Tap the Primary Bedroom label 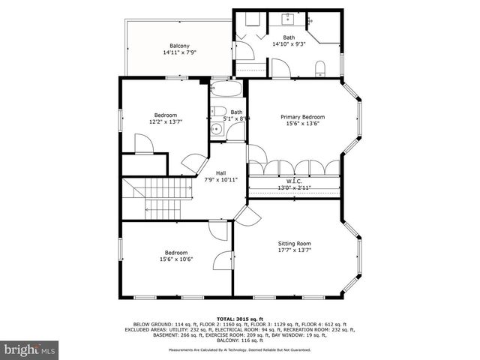[303, 117]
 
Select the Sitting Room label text [294, 244]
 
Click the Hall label [221, 173]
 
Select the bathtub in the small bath [226, 92]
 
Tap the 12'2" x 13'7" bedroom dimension [166, 121]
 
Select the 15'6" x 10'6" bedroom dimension [176, 259]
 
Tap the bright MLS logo [30, 349]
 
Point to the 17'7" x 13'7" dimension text [294, 251]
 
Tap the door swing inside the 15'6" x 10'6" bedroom [223, 260]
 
